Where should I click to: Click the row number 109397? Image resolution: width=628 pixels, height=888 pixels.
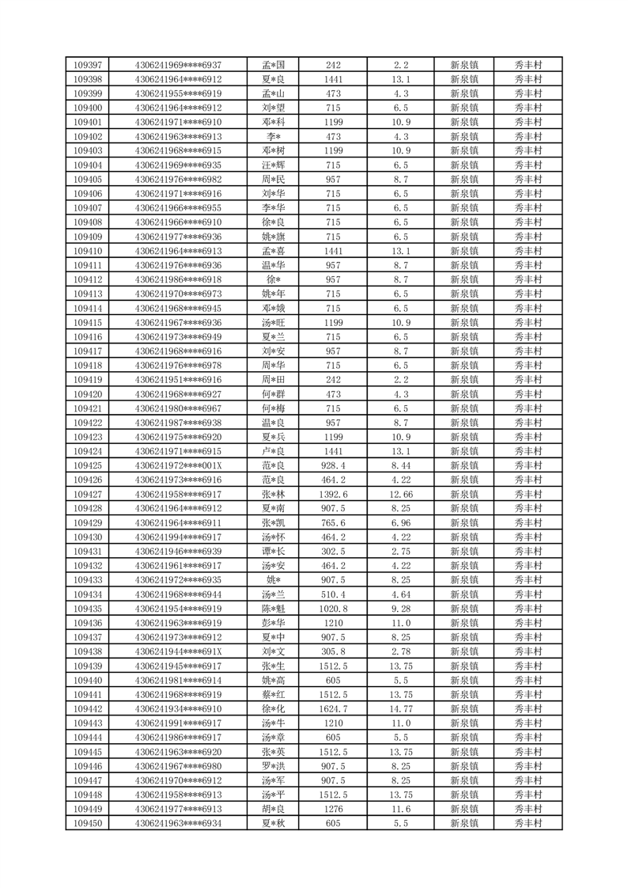click(x=87, y=65)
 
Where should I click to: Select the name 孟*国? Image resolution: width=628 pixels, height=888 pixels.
click(x=273, y=65)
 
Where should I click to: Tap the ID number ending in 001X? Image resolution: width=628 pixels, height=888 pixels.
click(x=179, y=465)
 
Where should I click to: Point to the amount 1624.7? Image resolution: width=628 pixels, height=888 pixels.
click(x=333, y=709)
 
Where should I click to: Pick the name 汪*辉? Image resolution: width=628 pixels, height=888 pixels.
click(x=273, y=165)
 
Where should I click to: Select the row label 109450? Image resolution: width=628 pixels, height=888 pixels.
click(x=87, y=824)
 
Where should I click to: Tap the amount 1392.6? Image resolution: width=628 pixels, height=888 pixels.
click(x=333, y=495)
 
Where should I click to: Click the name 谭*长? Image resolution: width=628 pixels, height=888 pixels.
click(x=273, y=552)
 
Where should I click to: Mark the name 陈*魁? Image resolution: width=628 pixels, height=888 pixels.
click(x=273, y=609)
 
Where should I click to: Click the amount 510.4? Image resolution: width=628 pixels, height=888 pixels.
click(x=333, y=594)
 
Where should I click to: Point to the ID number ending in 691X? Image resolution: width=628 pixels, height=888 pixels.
click(x=179, y=652)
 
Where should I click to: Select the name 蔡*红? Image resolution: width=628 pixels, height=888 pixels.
click(x=273, y=695)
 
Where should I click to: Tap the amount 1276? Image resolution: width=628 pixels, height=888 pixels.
click(x=333, y=810)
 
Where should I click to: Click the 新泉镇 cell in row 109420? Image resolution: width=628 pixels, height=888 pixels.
click(x=463, y=394)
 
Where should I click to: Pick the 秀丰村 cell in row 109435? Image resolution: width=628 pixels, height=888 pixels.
click(x=528, y=609)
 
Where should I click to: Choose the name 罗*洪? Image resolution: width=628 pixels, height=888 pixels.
click(x=273, y=766)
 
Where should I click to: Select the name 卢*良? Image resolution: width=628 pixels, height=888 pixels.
click(x=273, y=451)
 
